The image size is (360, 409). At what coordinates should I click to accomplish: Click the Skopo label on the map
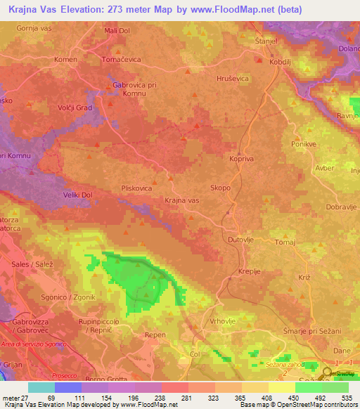coord(219,188)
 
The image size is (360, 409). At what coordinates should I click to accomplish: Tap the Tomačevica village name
coord(122,60)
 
